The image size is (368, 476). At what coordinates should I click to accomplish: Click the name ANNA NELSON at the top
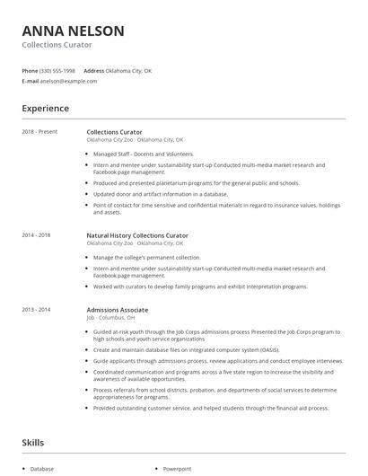[x=74, y=31]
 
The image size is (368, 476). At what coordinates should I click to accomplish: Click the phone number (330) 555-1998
[x=57, y=70]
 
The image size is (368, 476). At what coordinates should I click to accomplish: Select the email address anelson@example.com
[x=68, y=81]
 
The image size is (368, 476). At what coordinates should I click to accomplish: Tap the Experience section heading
[x=46, y=109]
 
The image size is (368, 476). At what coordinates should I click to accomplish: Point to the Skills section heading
[x=33, y=443]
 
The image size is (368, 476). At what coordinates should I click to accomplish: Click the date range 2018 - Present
[x=39, y=132]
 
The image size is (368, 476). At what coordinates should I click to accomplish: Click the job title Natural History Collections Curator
[x=136, y=235]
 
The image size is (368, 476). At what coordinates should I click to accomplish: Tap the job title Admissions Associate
[x=118, y=310]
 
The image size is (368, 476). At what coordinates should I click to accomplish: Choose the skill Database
[x=42, y=469]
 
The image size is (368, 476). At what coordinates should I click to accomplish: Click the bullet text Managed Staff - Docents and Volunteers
[x=143, y=154]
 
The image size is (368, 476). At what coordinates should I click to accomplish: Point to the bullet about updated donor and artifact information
[x=160, y=193]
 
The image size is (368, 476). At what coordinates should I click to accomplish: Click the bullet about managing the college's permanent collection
[x=146, y=257]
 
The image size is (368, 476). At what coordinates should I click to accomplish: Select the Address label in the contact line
[x=94, y=70]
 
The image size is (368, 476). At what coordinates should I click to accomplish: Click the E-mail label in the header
[x=30, y=81]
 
